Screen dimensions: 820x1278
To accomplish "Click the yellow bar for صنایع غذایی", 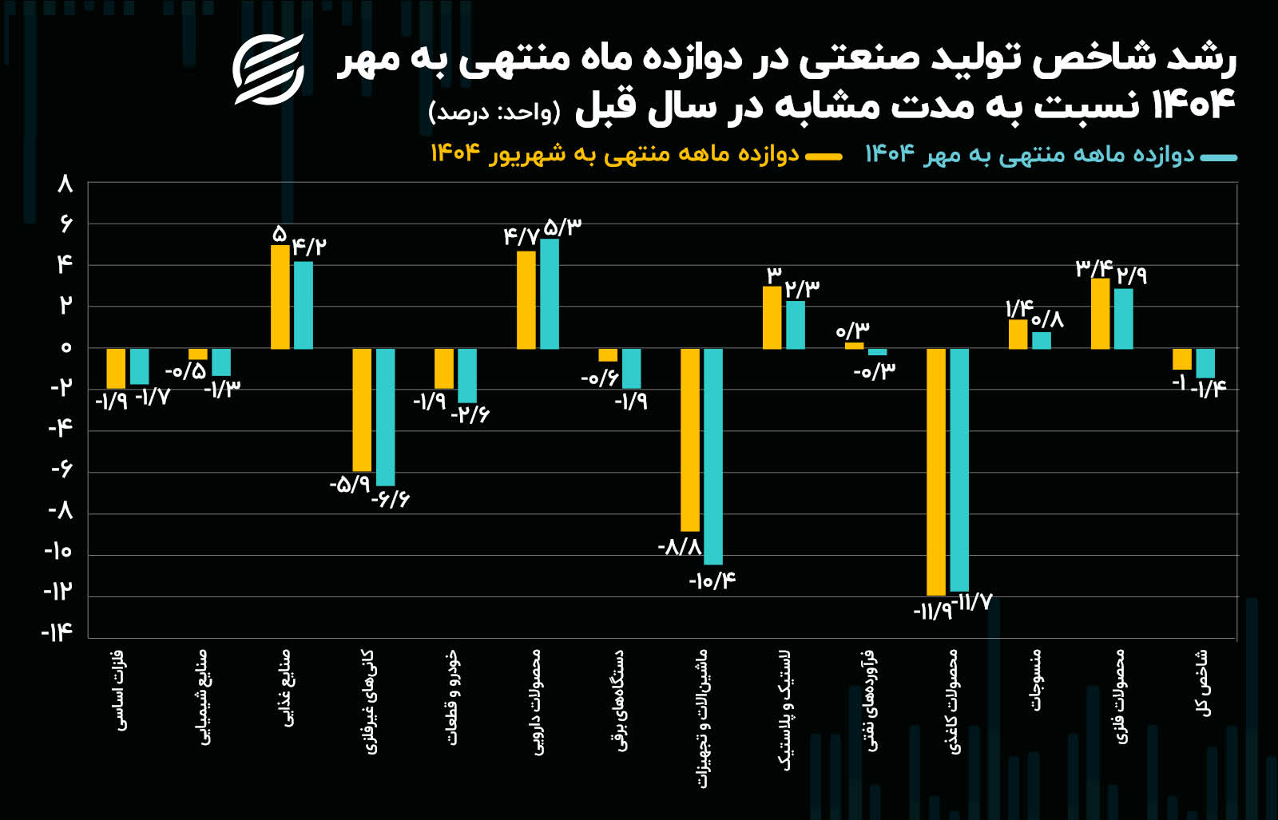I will point(280,297).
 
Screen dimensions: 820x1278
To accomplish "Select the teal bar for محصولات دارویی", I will point(550,294).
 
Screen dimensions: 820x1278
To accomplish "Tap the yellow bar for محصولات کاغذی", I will point(935,471).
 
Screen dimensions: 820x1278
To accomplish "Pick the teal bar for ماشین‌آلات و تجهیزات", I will point(713,456).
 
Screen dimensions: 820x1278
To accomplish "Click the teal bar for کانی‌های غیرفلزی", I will point(385,417).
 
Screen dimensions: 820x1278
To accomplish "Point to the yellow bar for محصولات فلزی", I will point(1100,314).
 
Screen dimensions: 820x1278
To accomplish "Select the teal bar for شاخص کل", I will point(1205,363).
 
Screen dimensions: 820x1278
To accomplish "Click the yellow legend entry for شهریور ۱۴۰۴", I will point(615,154).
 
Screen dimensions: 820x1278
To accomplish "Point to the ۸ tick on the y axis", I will point(65,184).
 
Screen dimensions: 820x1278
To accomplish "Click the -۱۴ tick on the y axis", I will point(58,633).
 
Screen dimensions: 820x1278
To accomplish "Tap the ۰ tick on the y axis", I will point(65,347).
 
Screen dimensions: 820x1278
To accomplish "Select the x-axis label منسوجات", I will point(1035,680).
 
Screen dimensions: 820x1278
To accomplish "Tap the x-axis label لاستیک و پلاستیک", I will point(787,711).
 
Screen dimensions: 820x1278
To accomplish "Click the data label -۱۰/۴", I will point(712,580).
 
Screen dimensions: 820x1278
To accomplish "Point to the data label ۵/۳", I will point(562,228).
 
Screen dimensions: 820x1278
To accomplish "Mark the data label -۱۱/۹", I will point(932,612).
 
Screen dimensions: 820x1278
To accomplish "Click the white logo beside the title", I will point(268,69).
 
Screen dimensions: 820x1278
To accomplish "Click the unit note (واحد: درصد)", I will point(494,112).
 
